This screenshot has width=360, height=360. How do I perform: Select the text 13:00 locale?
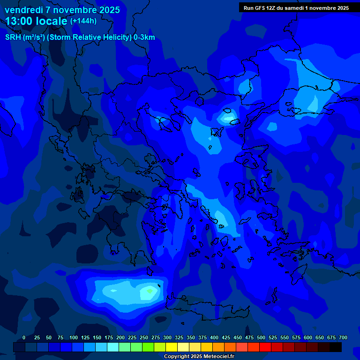36,21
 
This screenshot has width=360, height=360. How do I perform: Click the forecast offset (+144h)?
83,21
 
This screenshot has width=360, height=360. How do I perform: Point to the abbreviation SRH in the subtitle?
13,37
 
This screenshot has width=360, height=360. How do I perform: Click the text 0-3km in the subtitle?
144,37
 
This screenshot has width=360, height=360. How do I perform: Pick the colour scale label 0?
24,337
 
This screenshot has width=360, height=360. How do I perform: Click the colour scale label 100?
74,337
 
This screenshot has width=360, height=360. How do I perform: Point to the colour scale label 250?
144,337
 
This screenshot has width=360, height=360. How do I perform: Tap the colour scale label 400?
214,337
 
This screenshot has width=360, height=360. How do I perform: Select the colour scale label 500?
261,337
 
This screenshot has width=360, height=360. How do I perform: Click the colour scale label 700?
343,337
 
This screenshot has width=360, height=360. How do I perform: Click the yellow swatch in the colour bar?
172,347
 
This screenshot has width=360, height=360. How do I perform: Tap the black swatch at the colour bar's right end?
336,347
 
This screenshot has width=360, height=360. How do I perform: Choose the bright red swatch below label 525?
265,347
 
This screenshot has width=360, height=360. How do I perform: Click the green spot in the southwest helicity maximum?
150,291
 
